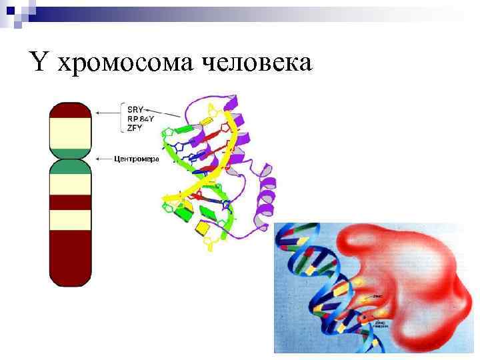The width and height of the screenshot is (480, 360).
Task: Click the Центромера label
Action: pyautogui.click(x=135, y=159)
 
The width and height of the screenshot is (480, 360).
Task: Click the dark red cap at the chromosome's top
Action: pyautogui.click(x=71, y=110)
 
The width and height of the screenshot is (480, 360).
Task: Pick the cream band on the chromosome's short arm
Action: pyautogui.click(x=71, y=133)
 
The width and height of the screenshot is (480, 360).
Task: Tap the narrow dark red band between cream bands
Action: pyautogui.click(x=71, y=202)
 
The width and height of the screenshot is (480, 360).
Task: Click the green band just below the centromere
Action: pyautogui.click(x=71, y=167)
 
